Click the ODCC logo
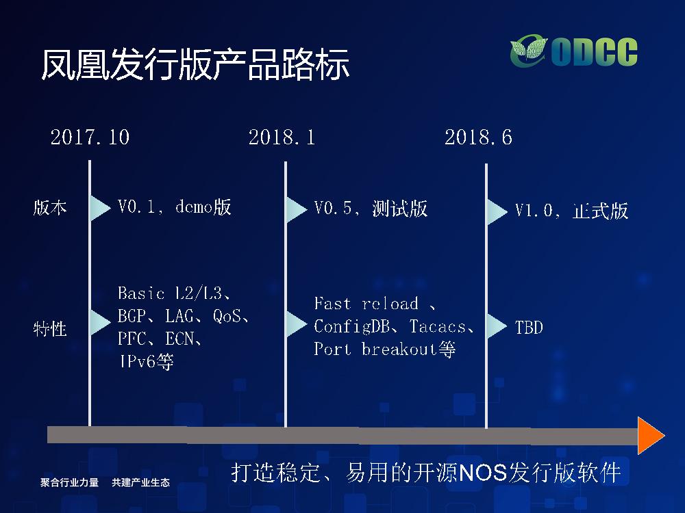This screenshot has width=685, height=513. pyautogui.click(x=573, y=51)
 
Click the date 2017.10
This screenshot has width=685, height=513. pyautogui.click(x=90, y=137)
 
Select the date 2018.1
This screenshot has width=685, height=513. pyautogui.click(x=282, y=137)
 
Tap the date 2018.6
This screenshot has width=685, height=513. pyautogui.click(x=478, y=137)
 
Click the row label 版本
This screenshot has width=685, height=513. pyautogui.click(x=50, y=208)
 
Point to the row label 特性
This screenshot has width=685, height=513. pyautogui.click(x=50, y=328)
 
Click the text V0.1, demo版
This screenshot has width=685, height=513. pyautogui.click(x=174, y=207)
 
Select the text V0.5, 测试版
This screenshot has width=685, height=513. pyautogui.click(x=371, y=209)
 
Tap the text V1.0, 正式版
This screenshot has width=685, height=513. pyautogui.click(x=571, y=211)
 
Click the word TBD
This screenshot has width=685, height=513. pyautogui.click(x=529, y=327)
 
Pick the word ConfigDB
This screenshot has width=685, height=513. pyautogui.click(x=351, y=326)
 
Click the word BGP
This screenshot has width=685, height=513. pyautogui.click(x=132, y=316)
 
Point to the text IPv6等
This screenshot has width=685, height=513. pyautogui.click(x=146, y=361)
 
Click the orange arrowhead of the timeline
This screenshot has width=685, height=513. pyautogui.click(x=651, y=435)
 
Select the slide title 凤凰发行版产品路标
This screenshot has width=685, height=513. pyautogui.click(x=195, y=64)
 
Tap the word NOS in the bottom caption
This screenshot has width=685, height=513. pyautogui.click(x=483, y=473)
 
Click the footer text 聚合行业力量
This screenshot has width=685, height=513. pyautogui.click(x=69, y=482)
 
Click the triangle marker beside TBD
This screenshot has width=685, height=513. pyautogui.click(x=496, y=326)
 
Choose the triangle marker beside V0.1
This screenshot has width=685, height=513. pyautogui.click(x=99, y=208)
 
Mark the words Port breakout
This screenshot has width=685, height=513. pyautogui.click(x=375, y=349)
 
